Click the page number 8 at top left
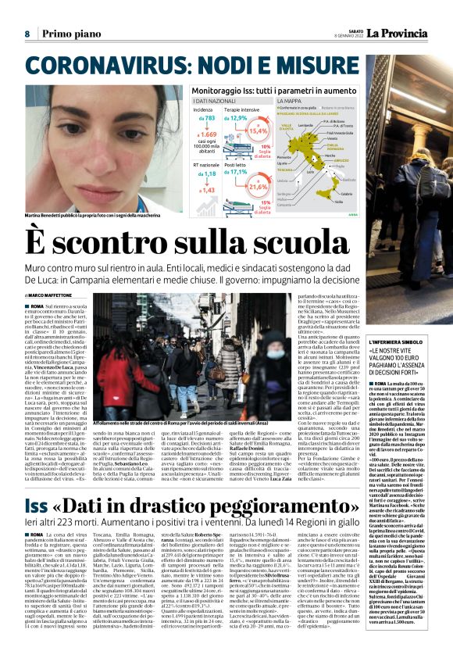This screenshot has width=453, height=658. (27, 34)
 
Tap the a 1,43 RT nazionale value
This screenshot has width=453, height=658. (207, 190)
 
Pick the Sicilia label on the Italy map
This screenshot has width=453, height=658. (330, 199)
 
